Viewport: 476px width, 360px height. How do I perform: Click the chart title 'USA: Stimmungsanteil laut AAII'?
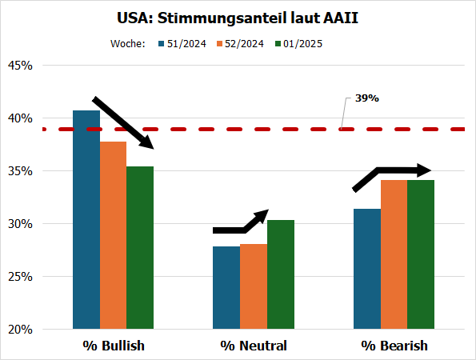238,17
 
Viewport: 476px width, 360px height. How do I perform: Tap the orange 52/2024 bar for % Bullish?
113,235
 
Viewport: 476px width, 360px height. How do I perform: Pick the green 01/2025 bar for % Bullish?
140,247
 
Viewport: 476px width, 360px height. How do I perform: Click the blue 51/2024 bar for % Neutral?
226,287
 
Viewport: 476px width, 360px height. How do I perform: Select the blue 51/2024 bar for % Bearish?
367,268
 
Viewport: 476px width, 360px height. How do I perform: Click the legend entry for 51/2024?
183,44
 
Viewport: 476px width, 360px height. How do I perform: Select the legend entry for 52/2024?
241,44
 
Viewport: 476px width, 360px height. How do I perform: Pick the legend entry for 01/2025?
298,44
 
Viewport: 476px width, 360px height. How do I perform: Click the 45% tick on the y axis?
19,66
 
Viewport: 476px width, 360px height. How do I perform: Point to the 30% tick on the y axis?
19,224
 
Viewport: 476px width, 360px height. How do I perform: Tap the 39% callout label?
366,98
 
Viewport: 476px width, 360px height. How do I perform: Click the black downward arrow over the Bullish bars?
123,122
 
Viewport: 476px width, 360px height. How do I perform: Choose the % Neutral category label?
254,346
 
